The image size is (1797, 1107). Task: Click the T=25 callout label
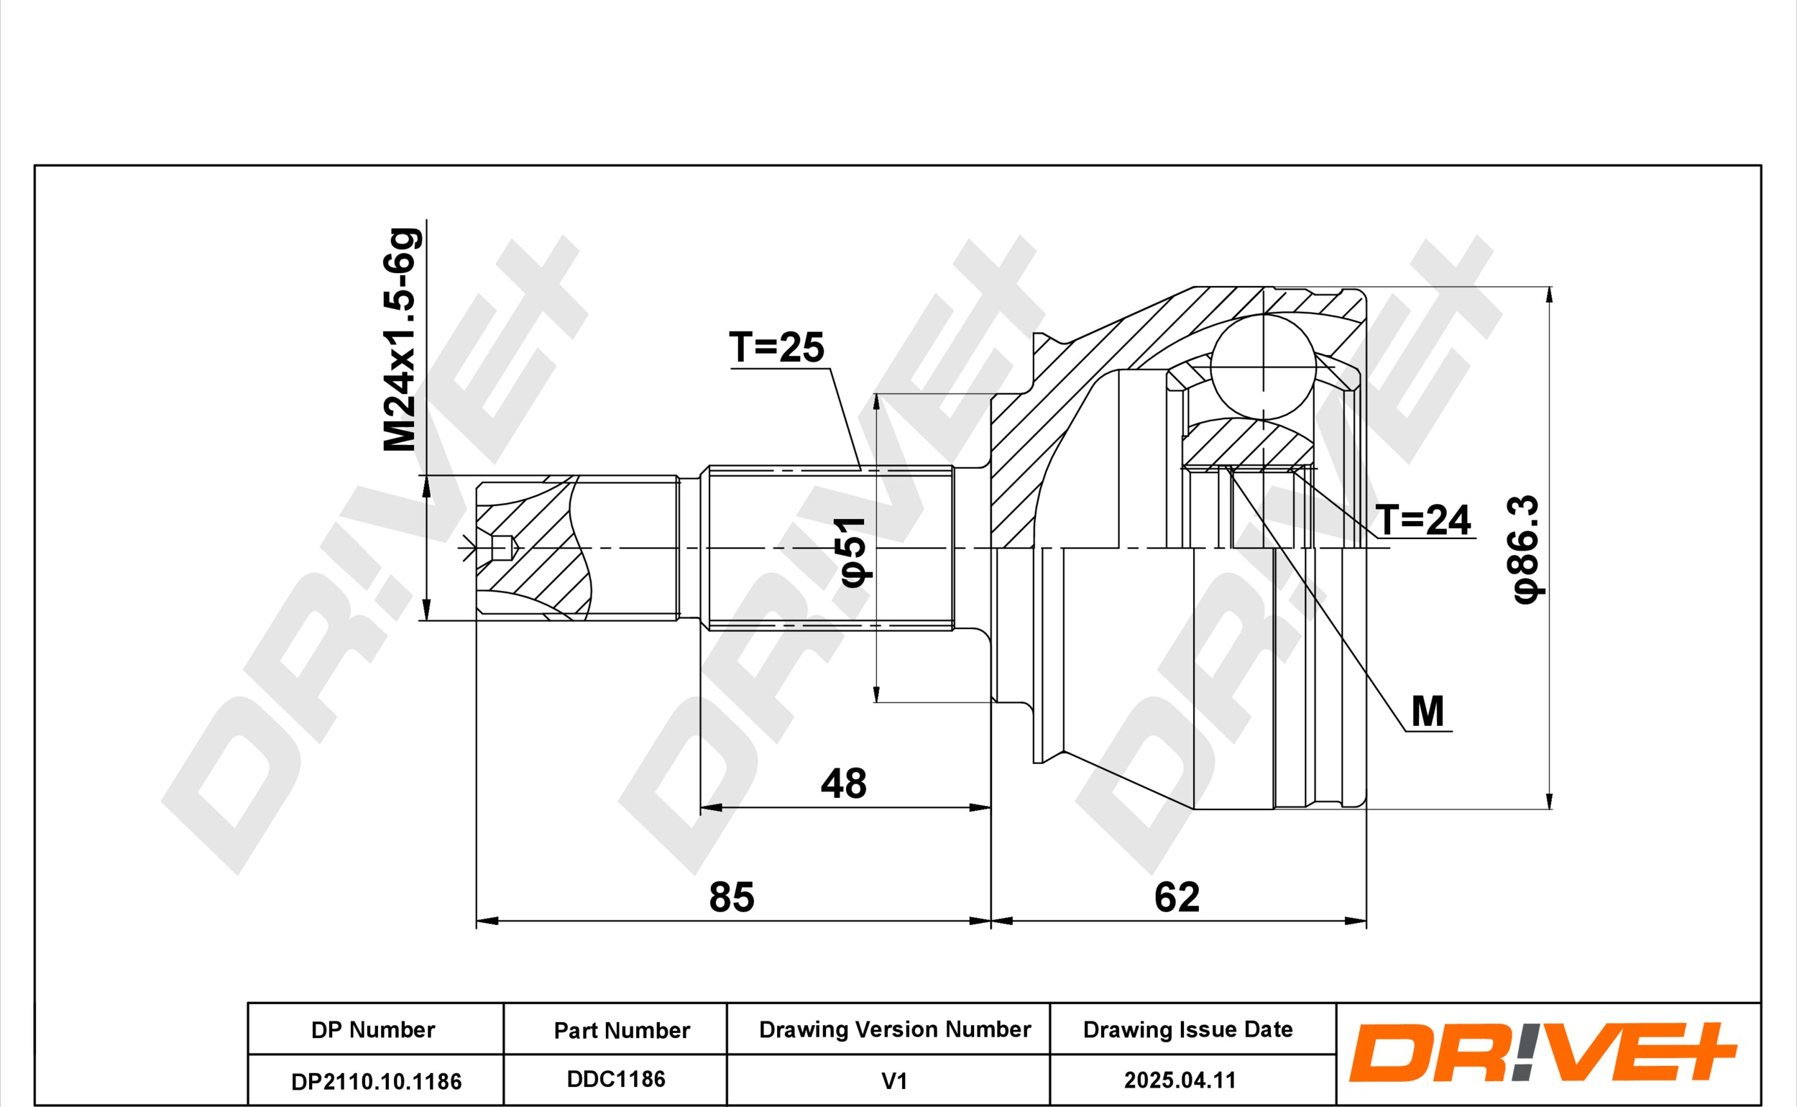click(776, 347)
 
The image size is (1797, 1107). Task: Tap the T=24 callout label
click(1424, 520)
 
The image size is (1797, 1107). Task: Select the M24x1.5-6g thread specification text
click(401, 340)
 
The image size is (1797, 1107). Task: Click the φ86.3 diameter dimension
click(1527, 549)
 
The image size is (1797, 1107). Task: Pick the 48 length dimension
click(843, 784)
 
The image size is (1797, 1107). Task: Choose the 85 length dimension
click(731, 897)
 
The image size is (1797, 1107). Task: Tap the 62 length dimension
click(1177, 897)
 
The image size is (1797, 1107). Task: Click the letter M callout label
click(1428, 712)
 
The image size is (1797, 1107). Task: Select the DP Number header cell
click(372, 1030)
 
